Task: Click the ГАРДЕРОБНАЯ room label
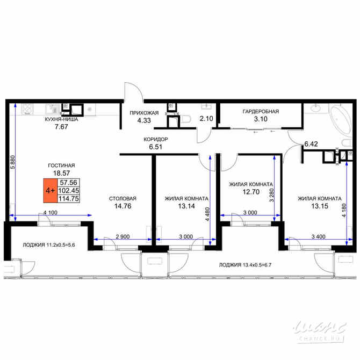coord(261,111)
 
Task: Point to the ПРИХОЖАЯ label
coord(144,113)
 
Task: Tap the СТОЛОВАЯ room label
coord(123,197)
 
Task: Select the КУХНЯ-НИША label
coord(62,120)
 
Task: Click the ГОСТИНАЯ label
coord(60,165)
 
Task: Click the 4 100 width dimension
coord(51,212)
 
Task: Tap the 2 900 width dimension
coord(122,236)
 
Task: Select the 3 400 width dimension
coord(314,236)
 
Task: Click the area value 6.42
coord(312,144)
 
